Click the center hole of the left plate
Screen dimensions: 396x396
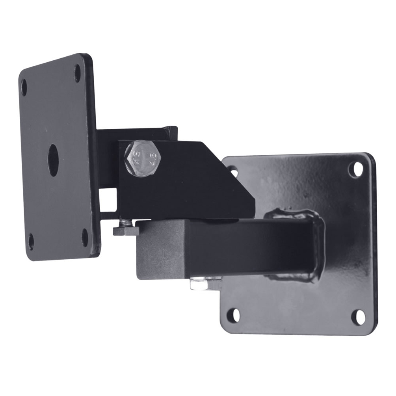(53, 160)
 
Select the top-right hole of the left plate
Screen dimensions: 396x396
(78, 73)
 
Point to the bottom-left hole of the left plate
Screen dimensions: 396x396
(31, 241)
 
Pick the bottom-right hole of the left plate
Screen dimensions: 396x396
(85, 237)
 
